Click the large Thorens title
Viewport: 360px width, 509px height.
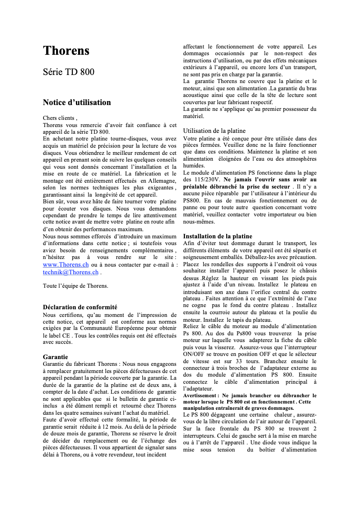(x=66, y=51)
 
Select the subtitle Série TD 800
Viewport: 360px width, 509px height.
(x=68, y=72)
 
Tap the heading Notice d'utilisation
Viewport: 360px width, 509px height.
(x=77, y=102)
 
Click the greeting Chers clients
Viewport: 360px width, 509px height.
(x=59, y=118)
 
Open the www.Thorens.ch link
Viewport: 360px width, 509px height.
(x=66, y=265)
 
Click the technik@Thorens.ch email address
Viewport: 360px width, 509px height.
(x=70, y=272)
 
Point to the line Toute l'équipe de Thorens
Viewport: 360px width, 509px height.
(x=75, y=285)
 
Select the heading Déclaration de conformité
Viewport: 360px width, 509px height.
(x=80, y=307)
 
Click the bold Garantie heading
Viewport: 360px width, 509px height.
(x=55, y=356)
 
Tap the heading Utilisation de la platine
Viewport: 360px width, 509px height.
(x=214, y=131)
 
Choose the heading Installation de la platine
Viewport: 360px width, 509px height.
(x=217, y=236)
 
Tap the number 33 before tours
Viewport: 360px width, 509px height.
(x=240, y=361)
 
